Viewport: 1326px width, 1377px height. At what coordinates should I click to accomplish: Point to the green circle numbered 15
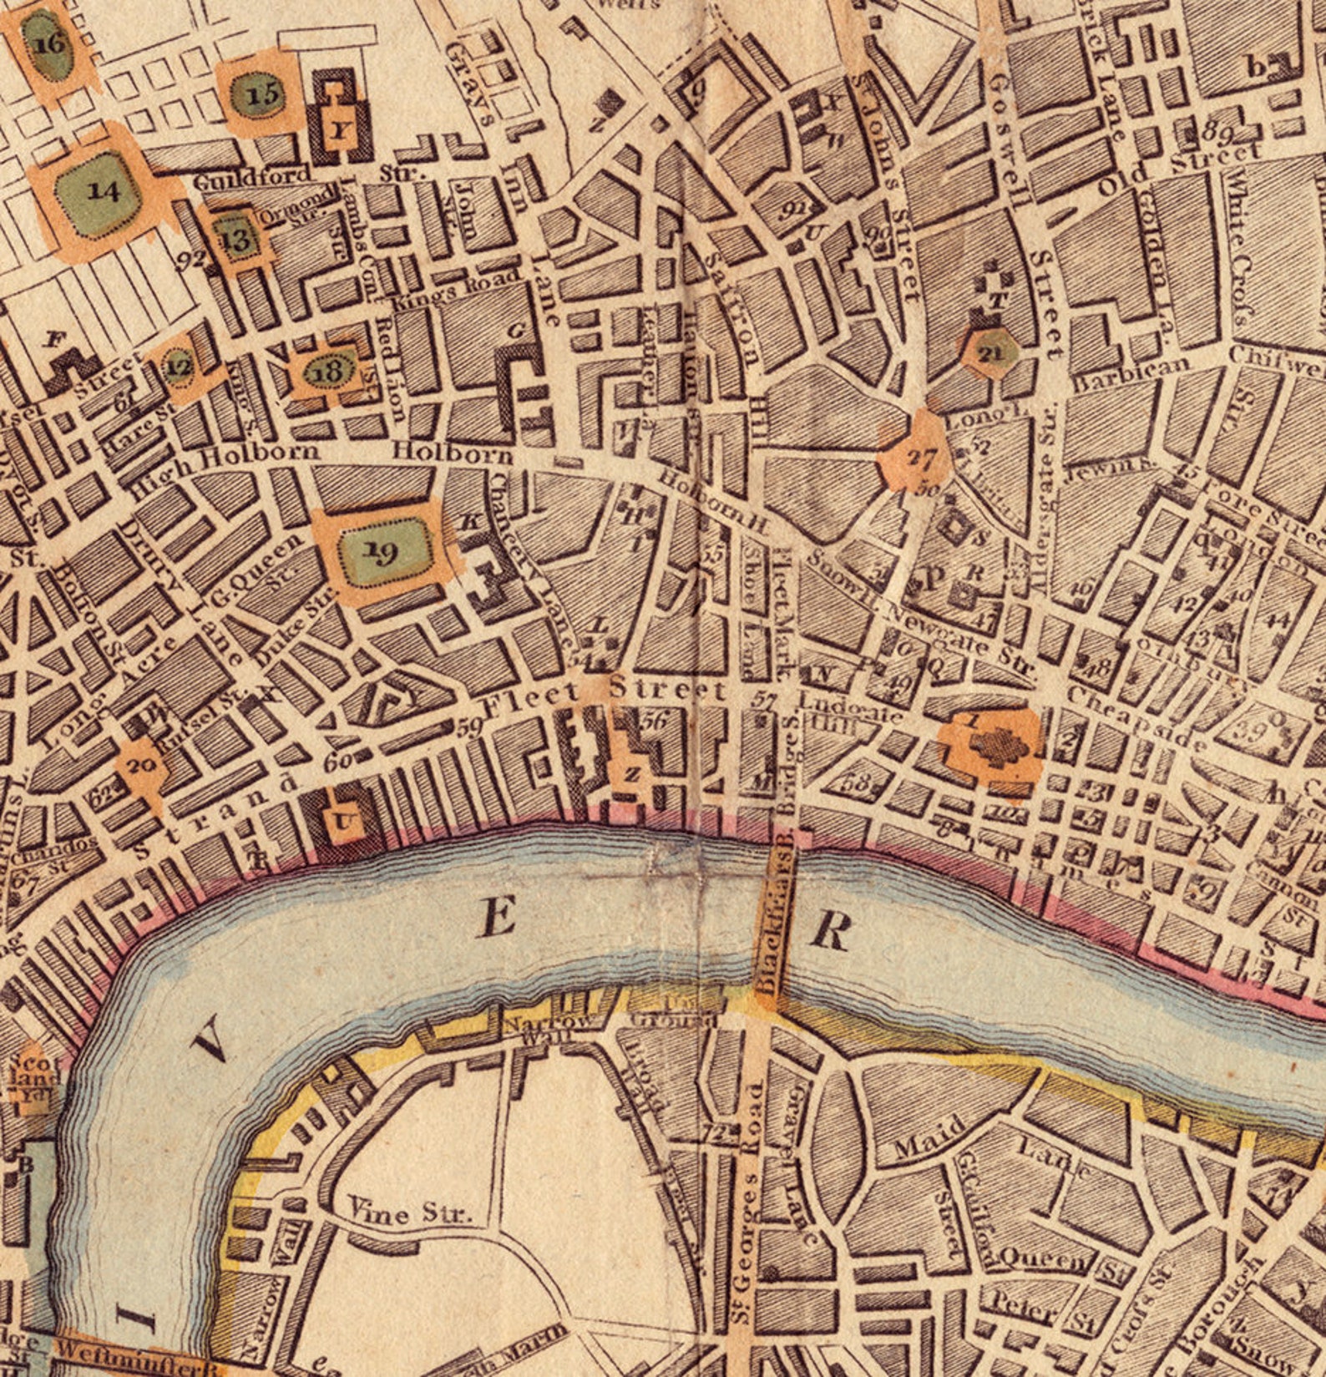click(261, 94)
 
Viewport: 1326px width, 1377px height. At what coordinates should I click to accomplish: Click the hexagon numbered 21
click(990, 353)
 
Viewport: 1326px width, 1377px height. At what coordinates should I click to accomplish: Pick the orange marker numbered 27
click(919, 458)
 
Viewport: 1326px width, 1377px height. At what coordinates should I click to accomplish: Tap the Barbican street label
click(1131, 375)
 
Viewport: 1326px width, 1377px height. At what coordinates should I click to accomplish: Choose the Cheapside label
click(1136, 719)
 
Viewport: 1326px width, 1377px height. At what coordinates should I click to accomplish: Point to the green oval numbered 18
click(329, 371)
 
